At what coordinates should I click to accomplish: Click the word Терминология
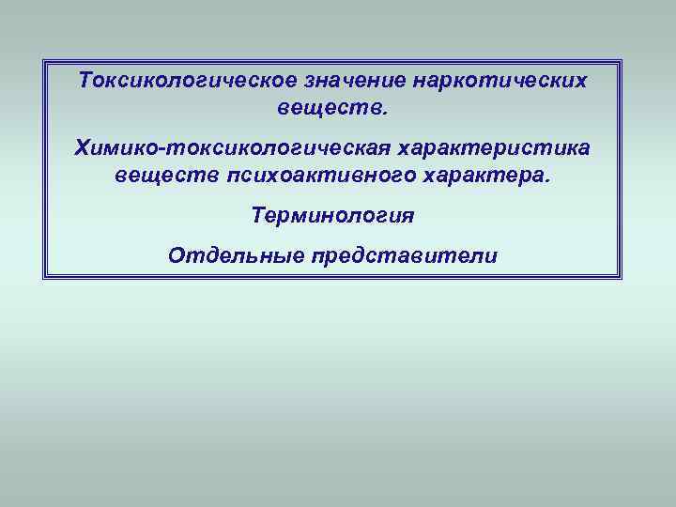click(x=332, y=215)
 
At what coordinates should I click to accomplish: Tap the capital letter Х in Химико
click(x=82, y=149)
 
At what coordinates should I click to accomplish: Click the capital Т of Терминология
click(x=258, y=215)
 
